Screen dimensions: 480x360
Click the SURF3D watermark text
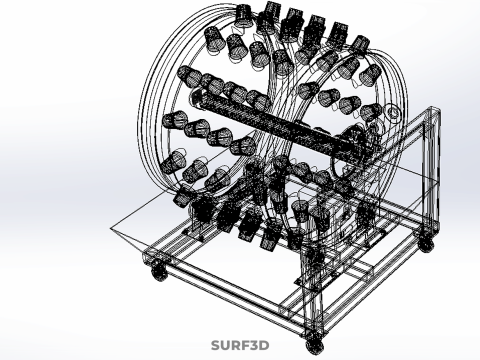tap(240, 345)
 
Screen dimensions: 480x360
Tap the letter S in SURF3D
tap(216, 345)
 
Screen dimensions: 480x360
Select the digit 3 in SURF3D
tap(254, 345)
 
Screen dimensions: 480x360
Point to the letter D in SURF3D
tap(264, 345)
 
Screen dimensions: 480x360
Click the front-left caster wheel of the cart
tap(159, 271)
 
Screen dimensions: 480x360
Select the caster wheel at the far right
tap(426, 243)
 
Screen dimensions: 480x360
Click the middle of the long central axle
tap(280, 126)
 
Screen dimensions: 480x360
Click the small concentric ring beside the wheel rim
tap(392, 112)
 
